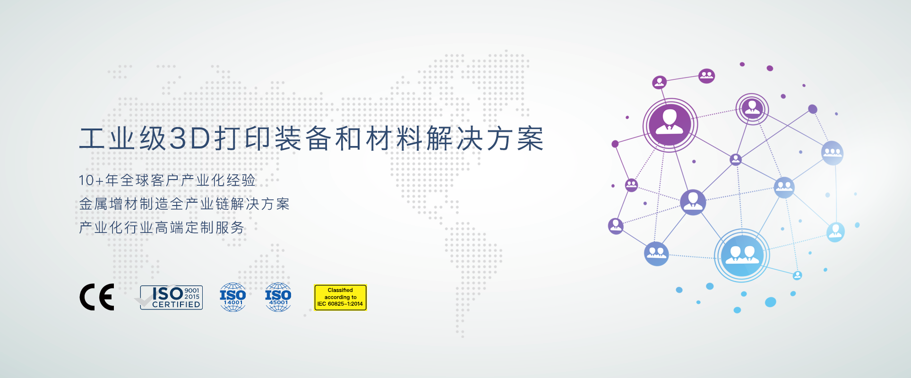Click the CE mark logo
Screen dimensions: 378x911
point(97,297)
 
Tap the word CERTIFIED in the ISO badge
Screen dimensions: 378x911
point(176,305)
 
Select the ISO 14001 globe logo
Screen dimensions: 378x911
point(232,297)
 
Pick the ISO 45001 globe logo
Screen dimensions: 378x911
point(278,297)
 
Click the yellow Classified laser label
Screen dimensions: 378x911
point(340,297)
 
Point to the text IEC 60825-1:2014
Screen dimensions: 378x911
point(340,304)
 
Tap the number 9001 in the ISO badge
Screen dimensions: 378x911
point(192,291)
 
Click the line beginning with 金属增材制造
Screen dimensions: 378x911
point(184,204)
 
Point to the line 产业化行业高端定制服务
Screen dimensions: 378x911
point(162,227)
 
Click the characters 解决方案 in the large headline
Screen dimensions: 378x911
point(485,139)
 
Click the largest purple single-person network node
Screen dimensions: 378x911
point(670,125)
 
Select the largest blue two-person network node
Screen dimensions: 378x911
point(741,256)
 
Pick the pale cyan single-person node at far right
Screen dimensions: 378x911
point(835,232)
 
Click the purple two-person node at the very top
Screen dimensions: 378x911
point(706,76)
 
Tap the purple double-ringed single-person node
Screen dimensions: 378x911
point(752,109)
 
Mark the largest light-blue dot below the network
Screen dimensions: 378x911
point(770,302)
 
